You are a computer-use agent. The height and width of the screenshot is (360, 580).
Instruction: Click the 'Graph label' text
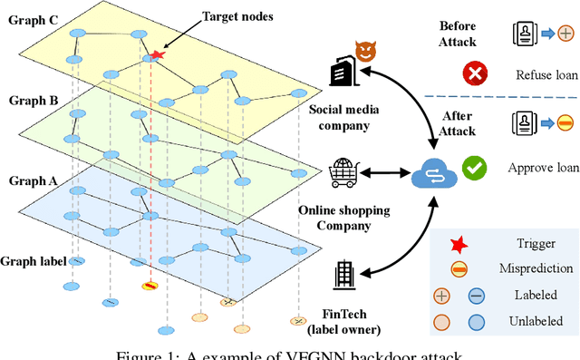tap(34, 261)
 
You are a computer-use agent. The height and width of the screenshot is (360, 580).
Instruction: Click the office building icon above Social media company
tap(343, 70)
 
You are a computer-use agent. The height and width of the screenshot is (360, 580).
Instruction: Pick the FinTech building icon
tap(344, 273)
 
